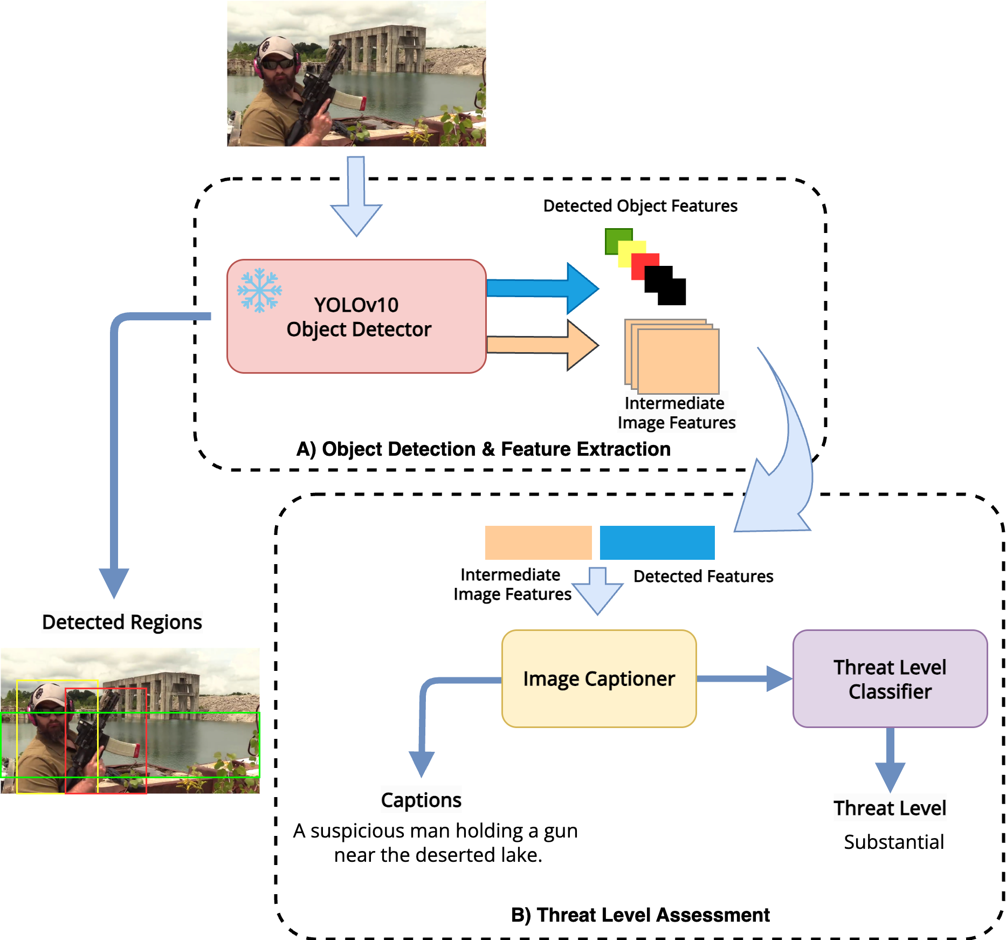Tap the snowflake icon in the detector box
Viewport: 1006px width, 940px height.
tap(259, 290)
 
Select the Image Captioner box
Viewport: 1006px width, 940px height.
tap(598, 678)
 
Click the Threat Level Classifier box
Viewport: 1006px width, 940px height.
tap(890, 678)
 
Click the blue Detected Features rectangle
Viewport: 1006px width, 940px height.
tap(657, 543)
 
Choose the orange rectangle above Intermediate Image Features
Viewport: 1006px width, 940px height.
tap(538, 543)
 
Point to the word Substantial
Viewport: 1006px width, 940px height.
tap(893, 842)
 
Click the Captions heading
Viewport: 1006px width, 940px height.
tap(421, 800)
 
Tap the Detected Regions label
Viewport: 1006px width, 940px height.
tap(122, 622)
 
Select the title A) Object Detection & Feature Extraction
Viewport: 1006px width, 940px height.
tap(483, 449)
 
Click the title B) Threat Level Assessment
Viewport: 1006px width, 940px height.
tap(640, 915)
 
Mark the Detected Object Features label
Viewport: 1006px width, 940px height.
tap(640, 206)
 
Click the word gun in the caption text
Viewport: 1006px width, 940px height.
tap(560, 831)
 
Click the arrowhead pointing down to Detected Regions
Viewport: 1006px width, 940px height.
tap(114, 582)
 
